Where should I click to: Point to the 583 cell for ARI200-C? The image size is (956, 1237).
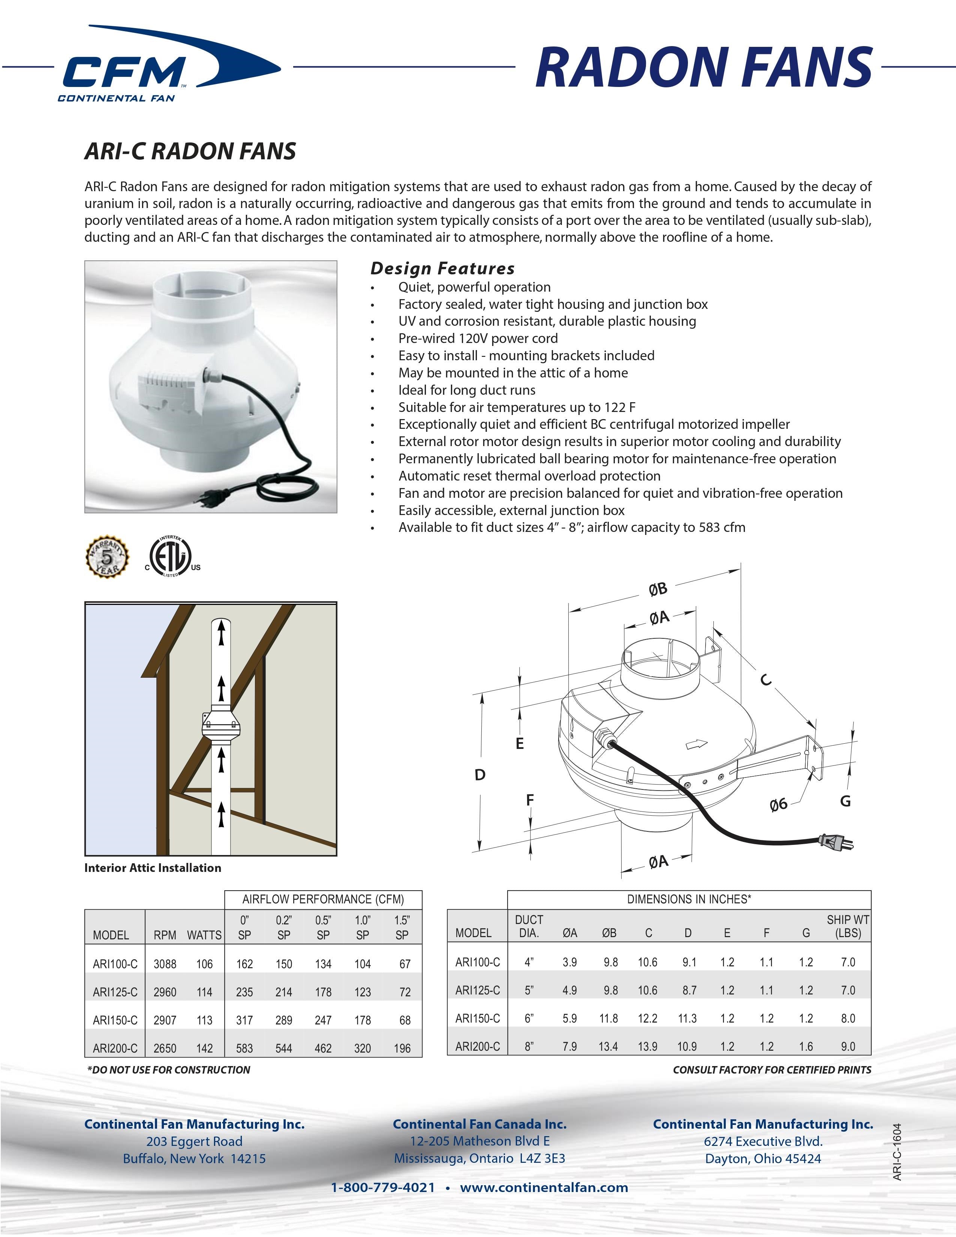coord(245,1048)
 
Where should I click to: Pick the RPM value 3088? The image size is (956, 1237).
coord(165,964)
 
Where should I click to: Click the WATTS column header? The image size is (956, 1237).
coord(204,935)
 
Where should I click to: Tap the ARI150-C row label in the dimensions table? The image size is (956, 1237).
coord(477,1018)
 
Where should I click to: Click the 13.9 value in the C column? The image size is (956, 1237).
coord(647,1047)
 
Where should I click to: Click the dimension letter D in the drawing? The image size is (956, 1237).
coord(480,774)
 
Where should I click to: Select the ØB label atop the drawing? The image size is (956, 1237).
coord(658,590)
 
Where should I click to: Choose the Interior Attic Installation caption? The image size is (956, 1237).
coord(153,868)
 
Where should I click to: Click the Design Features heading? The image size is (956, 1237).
coord(442,268)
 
